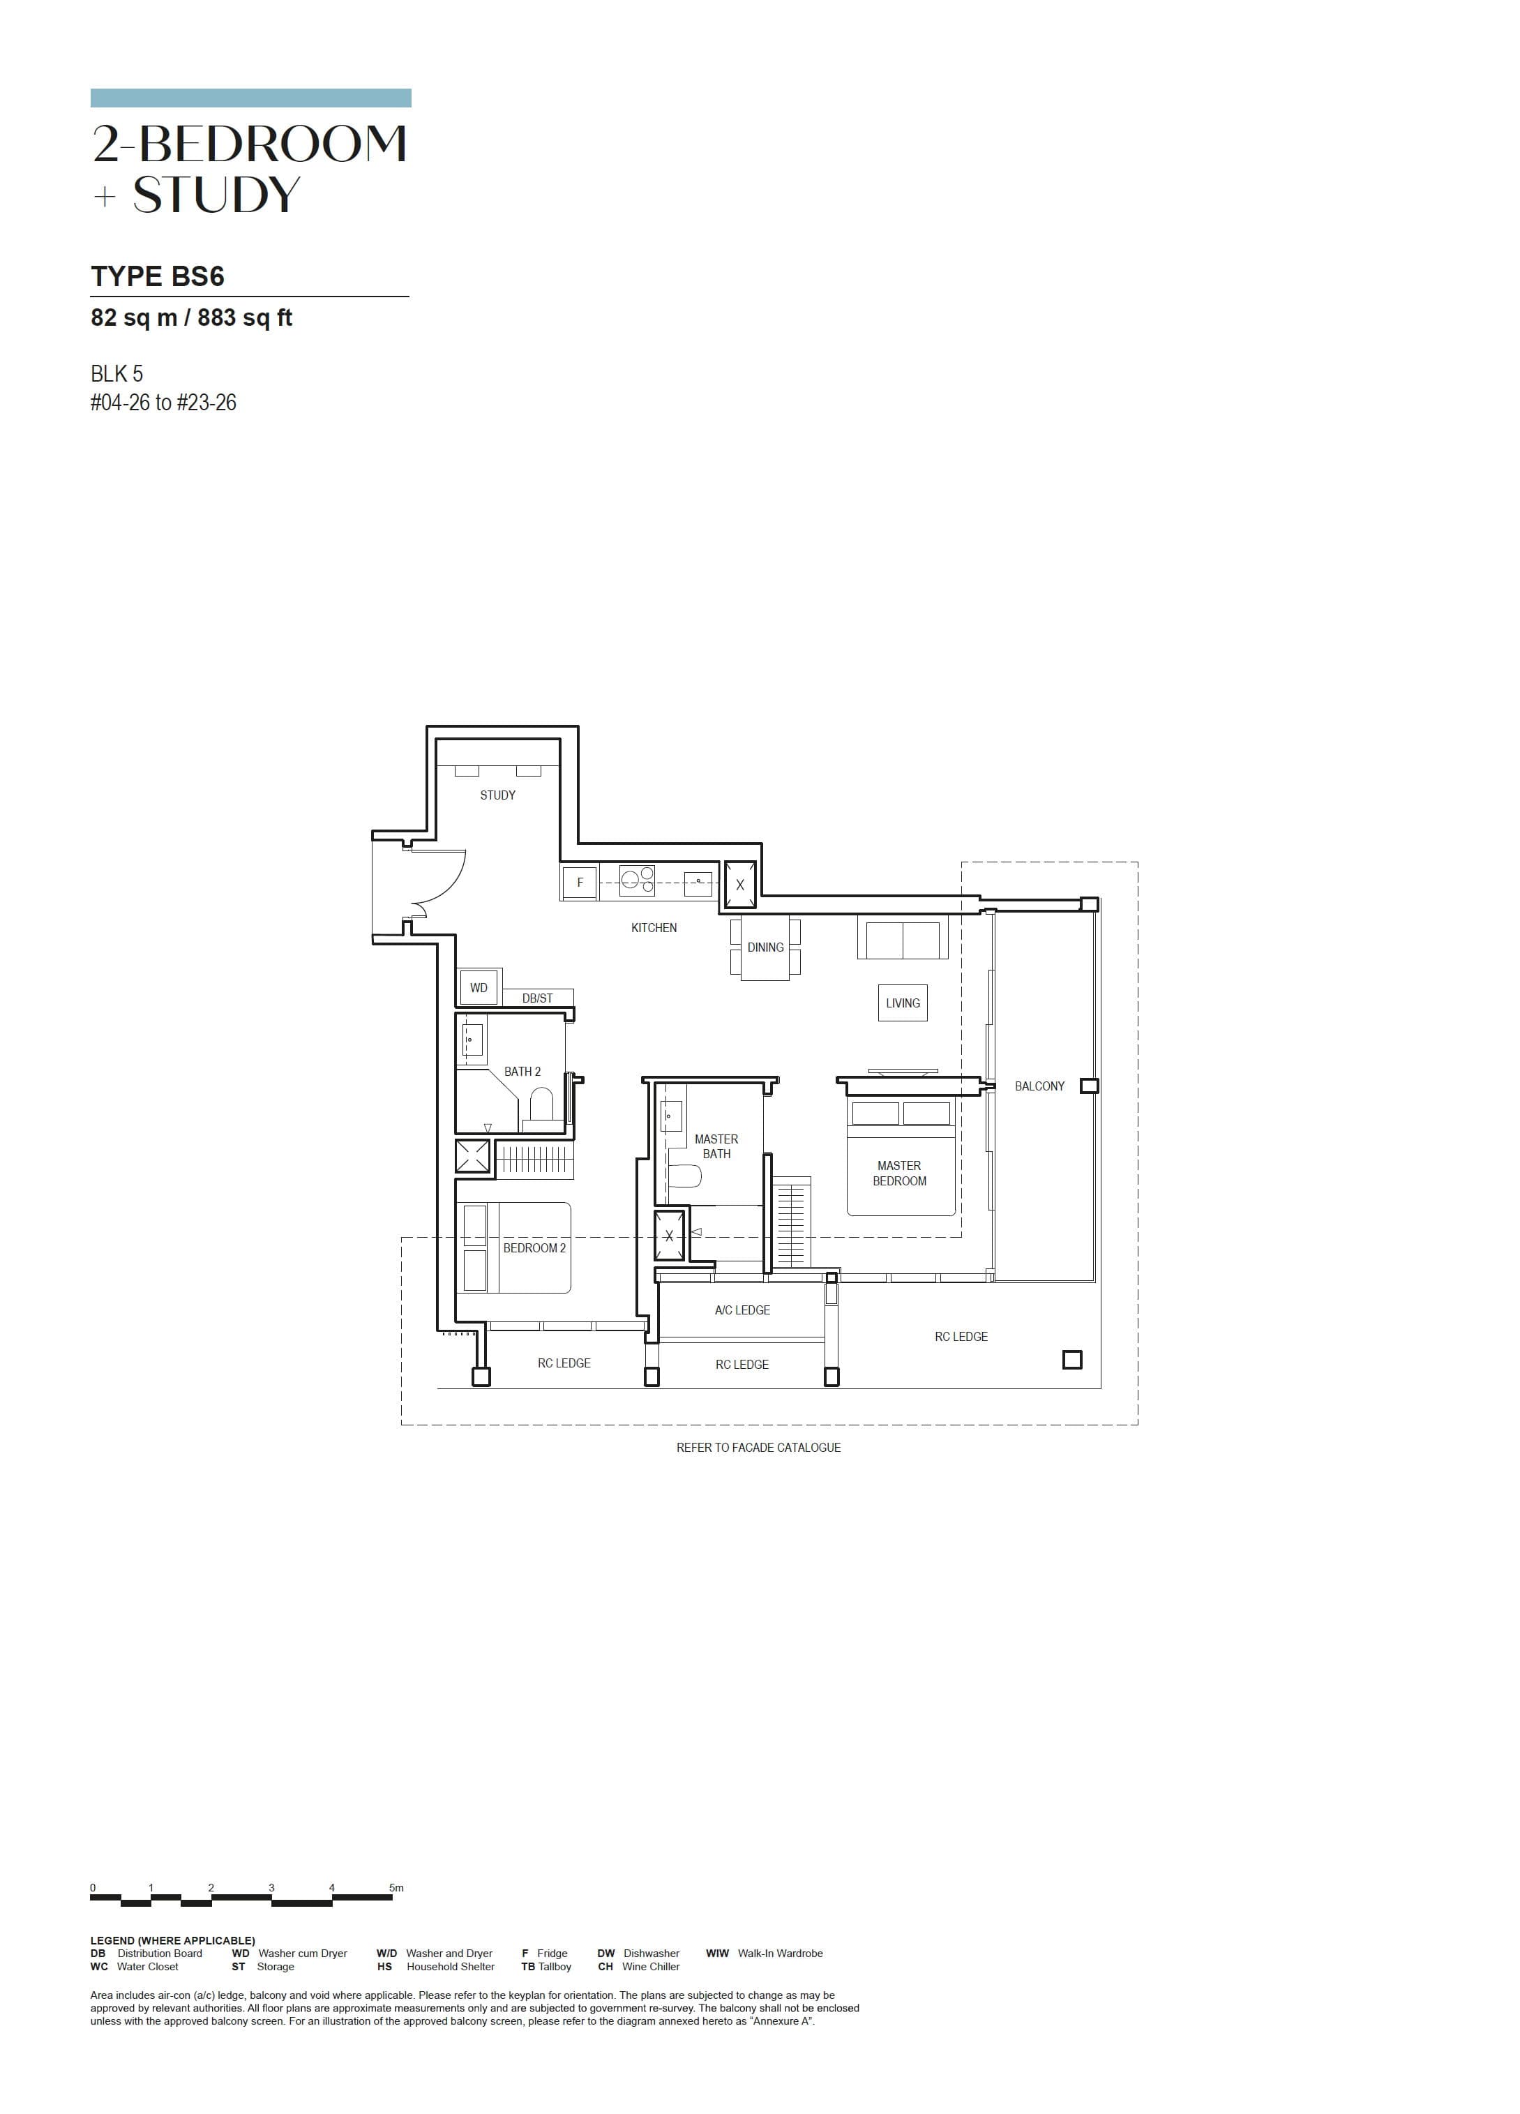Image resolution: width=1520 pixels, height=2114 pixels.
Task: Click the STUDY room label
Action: [497, 795]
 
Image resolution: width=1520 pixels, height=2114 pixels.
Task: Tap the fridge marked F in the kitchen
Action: [579, 882]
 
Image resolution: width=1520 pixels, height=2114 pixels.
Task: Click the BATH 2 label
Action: [522, 1072]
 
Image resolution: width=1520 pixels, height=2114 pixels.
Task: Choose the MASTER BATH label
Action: [716, 1146]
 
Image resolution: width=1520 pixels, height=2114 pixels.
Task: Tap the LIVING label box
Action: [902, 1003]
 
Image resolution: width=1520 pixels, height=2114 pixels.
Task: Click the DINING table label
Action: [765, 947]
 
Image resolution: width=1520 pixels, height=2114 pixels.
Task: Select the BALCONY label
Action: [1039, 1086]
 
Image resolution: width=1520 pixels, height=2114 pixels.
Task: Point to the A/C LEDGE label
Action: [742, 1310]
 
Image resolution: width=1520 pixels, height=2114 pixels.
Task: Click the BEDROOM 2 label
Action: [534, 1248]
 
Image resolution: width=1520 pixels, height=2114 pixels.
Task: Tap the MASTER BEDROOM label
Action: [899, 1174]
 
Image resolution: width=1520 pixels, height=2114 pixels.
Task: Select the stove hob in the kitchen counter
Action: [638, 880]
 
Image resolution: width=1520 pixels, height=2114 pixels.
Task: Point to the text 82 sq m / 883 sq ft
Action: [191, 318]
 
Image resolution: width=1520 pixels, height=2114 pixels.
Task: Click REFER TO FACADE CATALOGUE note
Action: [758, 1448]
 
